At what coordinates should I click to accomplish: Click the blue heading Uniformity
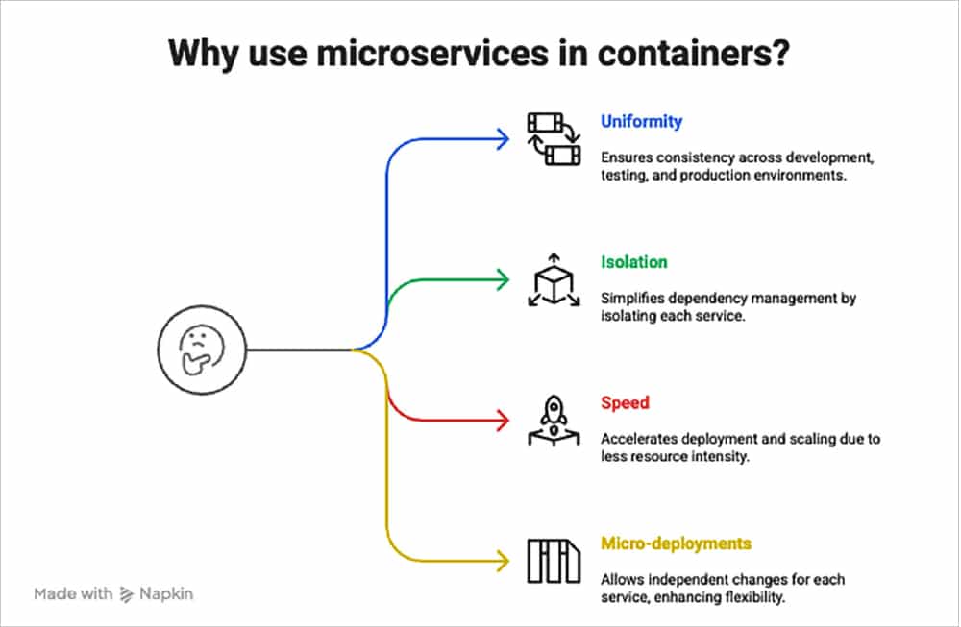pyautogui.click(x=641, y=122)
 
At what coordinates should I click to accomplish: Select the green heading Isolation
pyautogui.click(x=634, y=262)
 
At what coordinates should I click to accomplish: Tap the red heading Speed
pyautogui.click(x=626, y=403)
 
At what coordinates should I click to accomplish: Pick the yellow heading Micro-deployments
pyautogui.click(x=676, y=543)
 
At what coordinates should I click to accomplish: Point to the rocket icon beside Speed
pyautogui.click(x=554, y=420)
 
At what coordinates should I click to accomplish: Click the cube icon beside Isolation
pyautogui.click(x=554, y=280)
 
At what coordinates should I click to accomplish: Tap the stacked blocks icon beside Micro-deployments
pyautogui.click(x=554, y=561)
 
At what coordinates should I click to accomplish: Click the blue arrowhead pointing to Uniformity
pyautogui.click(x=502, y=140)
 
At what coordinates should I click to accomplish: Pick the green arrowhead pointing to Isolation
pyautogui.click(x=502, y=280)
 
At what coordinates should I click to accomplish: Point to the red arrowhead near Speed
pyautogui.click(x=502, y=420)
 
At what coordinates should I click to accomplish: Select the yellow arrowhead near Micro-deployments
pyautogui.click(x=502, y=560)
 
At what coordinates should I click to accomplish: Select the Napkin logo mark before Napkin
pyautogui.click(x=128, y=594)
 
